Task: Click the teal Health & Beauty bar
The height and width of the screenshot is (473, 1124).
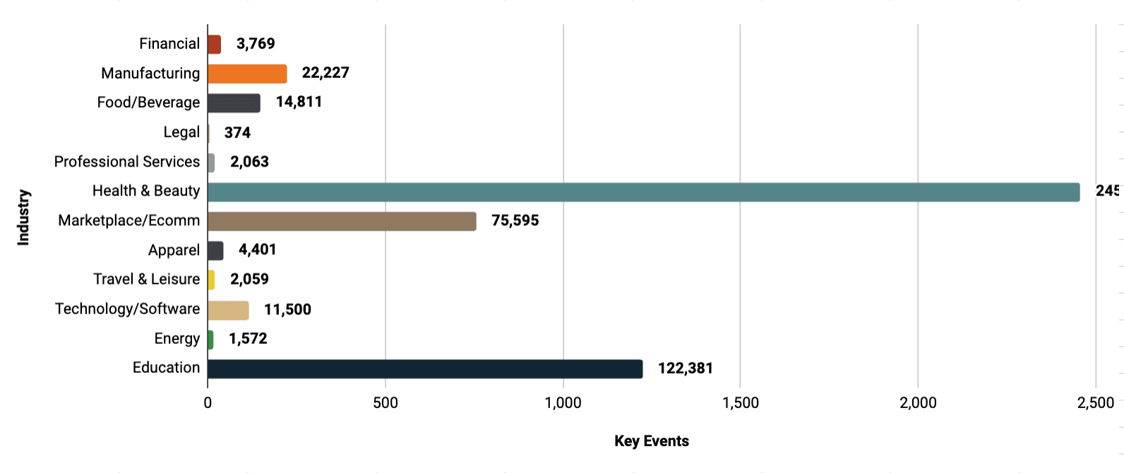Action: [643, 192]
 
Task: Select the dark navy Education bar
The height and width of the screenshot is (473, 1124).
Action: [425, 369]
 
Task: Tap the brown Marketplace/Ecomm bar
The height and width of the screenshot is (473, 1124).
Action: [342, 221]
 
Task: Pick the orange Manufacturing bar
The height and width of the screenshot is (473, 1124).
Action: [247, 73]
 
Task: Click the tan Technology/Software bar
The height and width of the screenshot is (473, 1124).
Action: [228, 310]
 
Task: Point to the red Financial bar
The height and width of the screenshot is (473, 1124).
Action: [214, 44]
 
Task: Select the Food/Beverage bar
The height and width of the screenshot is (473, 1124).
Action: [234, 103]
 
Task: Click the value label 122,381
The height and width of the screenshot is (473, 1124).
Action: [685, 369]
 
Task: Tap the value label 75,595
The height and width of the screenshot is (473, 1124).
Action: [515, 221]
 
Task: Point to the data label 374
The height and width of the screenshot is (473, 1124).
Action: [237, 133]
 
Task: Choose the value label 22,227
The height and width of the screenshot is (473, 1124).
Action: [325, 73]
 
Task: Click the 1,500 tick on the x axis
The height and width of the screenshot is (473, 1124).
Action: [741, 403]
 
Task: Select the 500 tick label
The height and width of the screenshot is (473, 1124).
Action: [385, 403]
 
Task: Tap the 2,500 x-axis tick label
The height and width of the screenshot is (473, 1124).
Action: [1096, 403]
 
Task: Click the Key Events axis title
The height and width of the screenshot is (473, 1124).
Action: [651, 441]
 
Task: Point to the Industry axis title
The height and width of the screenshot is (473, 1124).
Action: [23, 217]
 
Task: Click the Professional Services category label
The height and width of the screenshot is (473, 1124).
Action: [127, 162]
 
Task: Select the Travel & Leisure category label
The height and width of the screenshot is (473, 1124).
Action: [146, 280]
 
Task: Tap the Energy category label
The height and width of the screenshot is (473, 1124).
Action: [177, 339]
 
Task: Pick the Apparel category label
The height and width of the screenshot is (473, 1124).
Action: [174, 251]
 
